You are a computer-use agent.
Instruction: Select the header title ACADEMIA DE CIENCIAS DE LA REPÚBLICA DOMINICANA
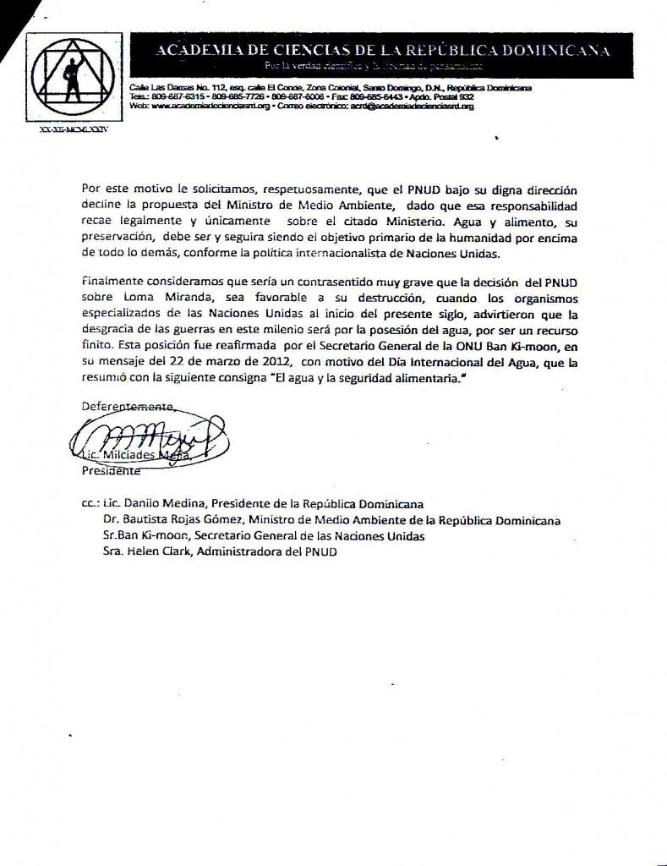pos(382,51)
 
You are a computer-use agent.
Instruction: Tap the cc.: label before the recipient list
pos(90,503)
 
